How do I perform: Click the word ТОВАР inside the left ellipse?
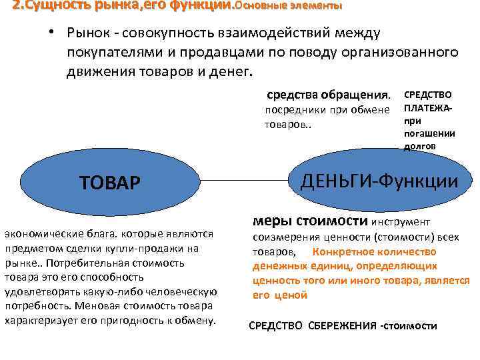(110, 182)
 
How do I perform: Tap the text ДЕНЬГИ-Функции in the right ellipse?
(380, 181)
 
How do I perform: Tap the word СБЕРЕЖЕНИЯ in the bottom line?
(341, 326)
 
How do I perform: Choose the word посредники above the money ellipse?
(295, 110)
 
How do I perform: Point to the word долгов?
(419, 146)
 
